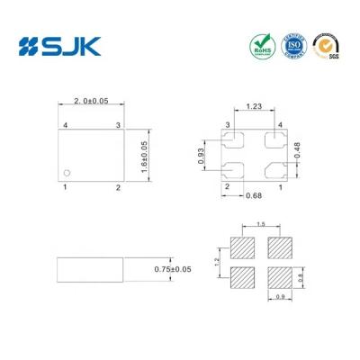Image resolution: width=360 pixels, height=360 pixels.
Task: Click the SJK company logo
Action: [x=59, y=44]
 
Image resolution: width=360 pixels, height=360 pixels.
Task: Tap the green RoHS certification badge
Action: [x=260, y=44]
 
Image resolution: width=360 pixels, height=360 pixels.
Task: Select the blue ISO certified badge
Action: [x=292, y=44]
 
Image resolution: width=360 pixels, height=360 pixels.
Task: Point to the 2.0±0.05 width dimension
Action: [x=92, y=103]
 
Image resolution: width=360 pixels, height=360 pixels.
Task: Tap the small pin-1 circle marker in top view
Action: [x=67, y=171]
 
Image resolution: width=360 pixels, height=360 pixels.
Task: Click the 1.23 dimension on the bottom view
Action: [x=255, y=107]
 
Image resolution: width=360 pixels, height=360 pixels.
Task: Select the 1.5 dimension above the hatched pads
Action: [x=260, y=224]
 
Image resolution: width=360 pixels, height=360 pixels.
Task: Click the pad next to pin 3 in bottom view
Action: [x=233, y=139]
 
